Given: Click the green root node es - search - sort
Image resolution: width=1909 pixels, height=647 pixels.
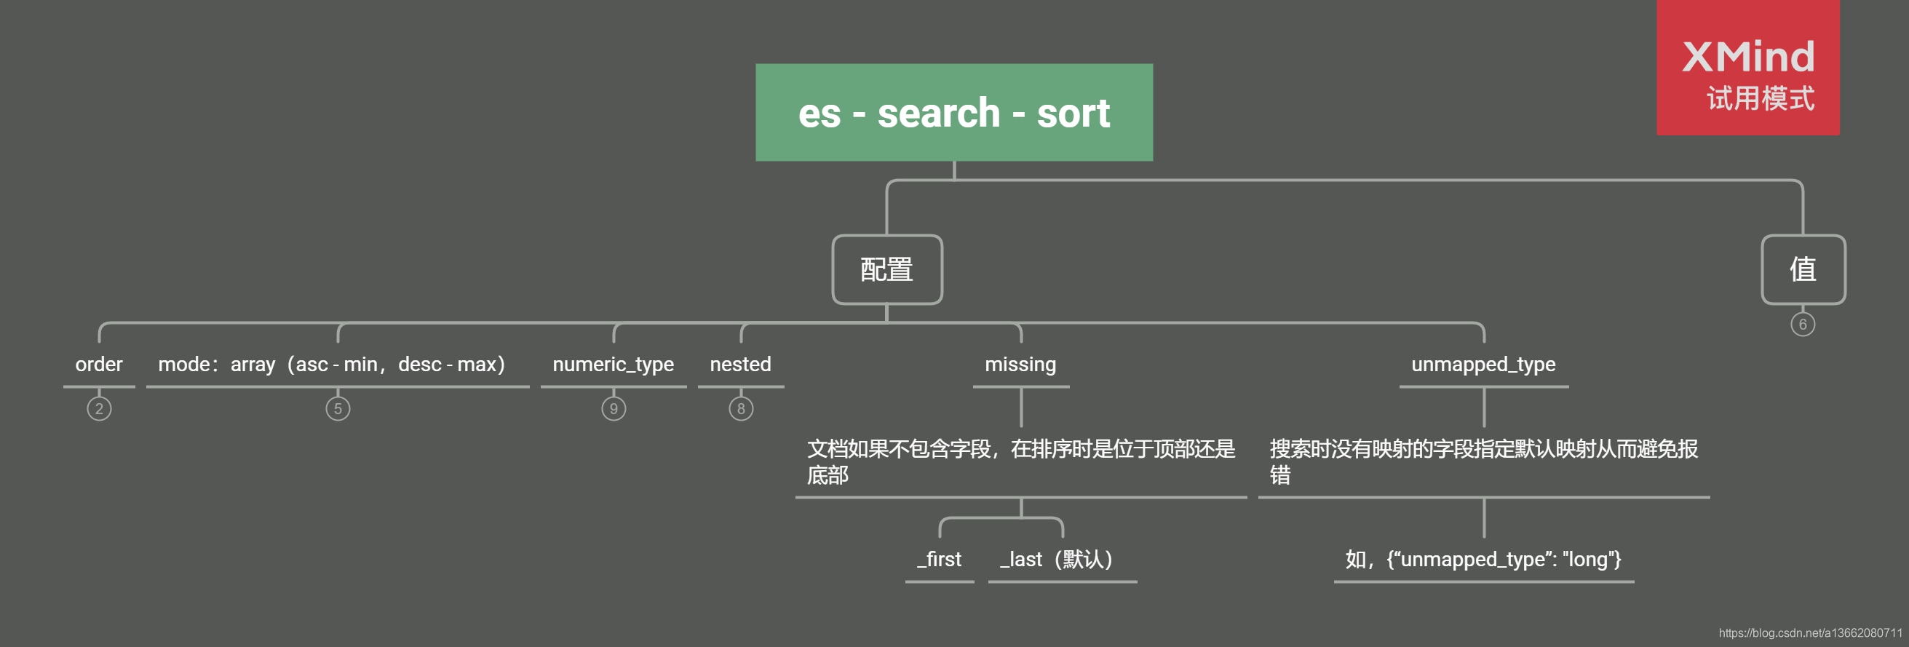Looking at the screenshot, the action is pos(953,113).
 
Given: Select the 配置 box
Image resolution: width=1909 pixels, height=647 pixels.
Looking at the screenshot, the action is pos(887,270).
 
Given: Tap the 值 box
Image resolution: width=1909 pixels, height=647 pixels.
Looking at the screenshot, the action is pos(1802,270).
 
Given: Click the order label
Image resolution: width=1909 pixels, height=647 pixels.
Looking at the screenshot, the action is pos(98,365).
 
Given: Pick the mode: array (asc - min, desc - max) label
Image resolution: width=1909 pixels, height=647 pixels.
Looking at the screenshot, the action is pos(332,365).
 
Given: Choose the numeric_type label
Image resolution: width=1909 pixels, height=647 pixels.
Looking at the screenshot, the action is pos(613,365).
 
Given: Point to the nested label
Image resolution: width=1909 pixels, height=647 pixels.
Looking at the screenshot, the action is pos(740,365).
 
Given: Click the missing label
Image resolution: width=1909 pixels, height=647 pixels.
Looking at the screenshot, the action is pos(1020,365).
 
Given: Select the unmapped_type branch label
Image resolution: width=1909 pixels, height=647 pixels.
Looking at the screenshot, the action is pos(1483,365).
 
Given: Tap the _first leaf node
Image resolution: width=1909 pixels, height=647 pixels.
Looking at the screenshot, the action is pos(940,560).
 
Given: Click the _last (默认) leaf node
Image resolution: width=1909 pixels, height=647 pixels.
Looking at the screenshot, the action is pos(1057,560).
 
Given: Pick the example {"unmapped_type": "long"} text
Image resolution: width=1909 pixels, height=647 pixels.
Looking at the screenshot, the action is pos(1484,560).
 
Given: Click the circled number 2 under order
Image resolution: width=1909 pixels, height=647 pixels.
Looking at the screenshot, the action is pos(99,409).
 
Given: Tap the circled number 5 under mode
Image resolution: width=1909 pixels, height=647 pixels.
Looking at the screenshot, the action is pos(338,409).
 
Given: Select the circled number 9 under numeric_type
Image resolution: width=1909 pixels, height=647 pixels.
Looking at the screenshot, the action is pos(614,409).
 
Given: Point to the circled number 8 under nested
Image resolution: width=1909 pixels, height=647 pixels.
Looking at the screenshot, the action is pos(741,409).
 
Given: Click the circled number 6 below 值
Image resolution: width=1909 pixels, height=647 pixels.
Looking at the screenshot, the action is pos(1803,325).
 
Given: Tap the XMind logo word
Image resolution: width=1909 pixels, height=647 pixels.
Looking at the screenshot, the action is pos(1748,57).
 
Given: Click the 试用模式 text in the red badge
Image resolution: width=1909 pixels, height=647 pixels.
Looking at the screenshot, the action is pos(1760,98).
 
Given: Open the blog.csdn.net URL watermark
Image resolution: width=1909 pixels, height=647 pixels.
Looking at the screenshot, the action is pos(1810,633).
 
